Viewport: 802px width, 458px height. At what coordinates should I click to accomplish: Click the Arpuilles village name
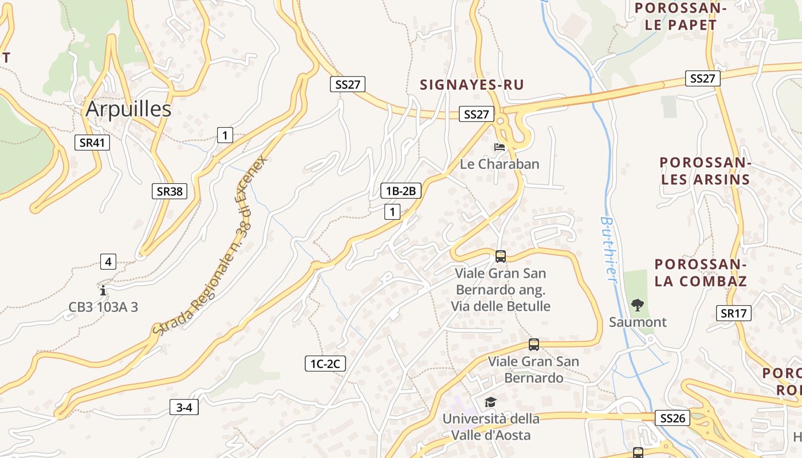[128, 109]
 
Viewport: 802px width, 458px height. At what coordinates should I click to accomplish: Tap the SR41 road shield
[92, 143]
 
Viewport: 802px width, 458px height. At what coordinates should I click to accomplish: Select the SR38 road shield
[170, 191]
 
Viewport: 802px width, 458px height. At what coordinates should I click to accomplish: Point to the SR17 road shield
[734, 313]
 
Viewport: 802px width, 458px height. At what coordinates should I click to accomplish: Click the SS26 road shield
[673, 418]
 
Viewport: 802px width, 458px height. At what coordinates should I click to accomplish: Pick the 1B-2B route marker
[401, 191]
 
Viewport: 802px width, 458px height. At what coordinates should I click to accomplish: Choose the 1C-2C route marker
[325, 363]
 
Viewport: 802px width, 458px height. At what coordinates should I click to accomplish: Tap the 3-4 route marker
[184, 408]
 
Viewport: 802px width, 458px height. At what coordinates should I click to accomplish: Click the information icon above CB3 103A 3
[103, 290]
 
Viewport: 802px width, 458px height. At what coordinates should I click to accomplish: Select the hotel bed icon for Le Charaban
[500, 147]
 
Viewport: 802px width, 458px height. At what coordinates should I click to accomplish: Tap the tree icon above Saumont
[637, 305]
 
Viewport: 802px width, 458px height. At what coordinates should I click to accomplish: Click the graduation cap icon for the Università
[490, 402]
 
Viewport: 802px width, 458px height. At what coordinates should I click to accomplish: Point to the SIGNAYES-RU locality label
[472, 85]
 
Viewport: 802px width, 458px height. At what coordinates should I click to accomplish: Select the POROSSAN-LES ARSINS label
[705, 171]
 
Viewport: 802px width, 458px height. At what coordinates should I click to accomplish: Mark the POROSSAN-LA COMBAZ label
[701, 273]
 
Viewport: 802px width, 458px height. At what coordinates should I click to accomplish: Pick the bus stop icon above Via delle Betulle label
[501, 256]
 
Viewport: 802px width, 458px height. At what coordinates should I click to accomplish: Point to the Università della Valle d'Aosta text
[491, 427]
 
